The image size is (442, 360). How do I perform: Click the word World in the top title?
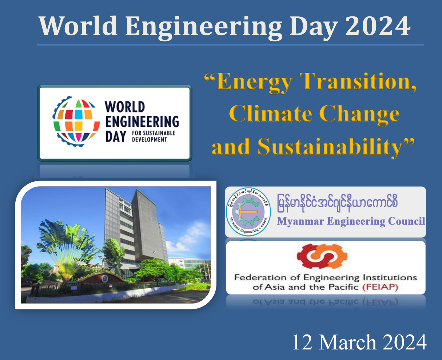pos(78,26)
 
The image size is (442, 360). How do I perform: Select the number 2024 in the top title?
pos(378,26)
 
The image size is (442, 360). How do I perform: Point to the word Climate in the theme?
pos(270,114)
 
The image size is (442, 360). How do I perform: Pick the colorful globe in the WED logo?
pos(76,122)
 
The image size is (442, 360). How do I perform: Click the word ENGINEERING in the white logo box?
pos(142,122)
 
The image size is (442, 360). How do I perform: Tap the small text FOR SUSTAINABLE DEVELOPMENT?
pos(154,136)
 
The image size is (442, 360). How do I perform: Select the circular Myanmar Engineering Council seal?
pos(248,212)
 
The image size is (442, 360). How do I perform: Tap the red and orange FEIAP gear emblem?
pos(322,256)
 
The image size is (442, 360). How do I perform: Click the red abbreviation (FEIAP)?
pos(380,287)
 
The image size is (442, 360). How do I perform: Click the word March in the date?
pos(347,343)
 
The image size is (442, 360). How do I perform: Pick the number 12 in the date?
pos(302,343)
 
